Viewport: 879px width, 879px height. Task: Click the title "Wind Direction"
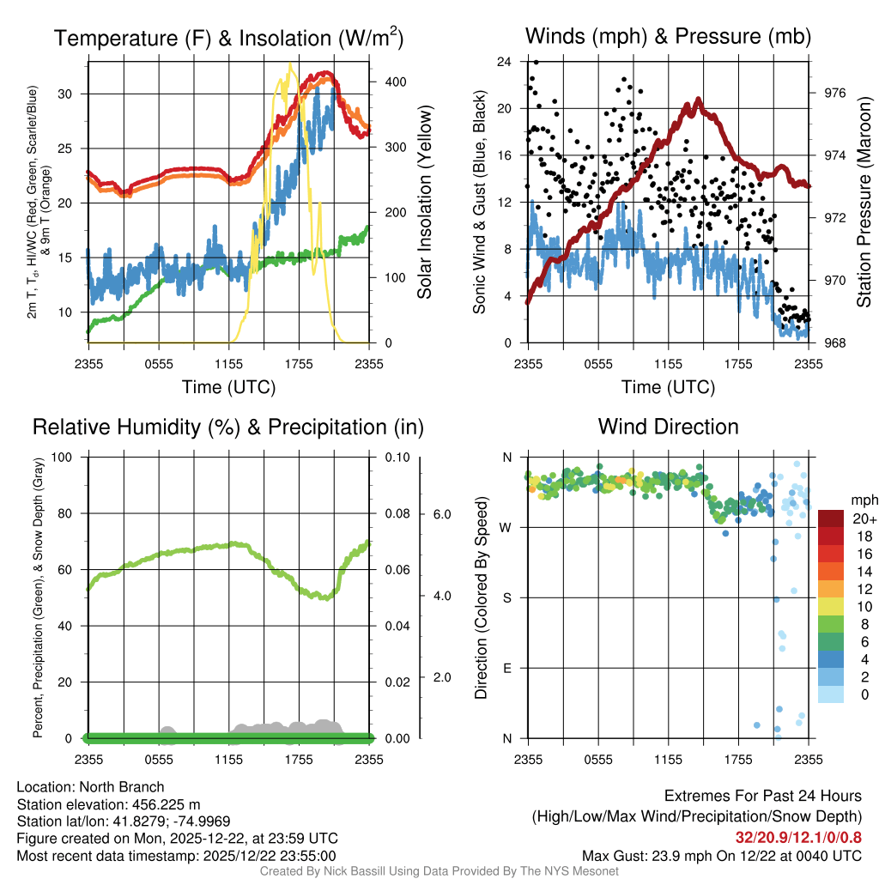coord(668,427)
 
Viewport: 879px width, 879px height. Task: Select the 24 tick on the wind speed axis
coord(504,62)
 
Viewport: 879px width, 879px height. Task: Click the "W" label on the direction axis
coord(506,527)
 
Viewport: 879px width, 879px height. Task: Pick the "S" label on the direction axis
coord(506,597)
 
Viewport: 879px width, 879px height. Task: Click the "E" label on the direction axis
coord(506,668)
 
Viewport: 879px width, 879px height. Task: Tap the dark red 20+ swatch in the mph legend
coord(832,518)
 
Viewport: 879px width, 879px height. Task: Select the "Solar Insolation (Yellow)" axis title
coord(424,203)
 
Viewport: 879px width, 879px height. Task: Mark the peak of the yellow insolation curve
coord(290,64)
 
